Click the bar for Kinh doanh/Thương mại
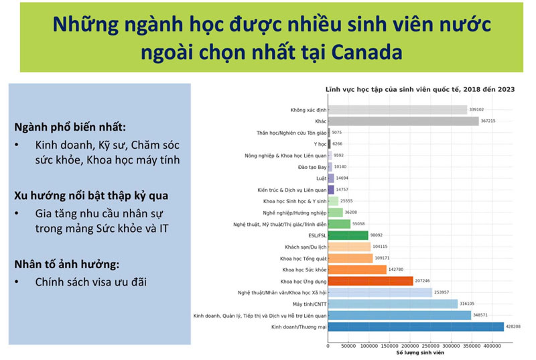point(415,326)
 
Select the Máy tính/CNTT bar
point(393,304)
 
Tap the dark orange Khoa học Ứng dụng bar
point(371,281)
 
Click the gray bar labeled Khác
point(403,121)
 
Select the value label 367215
point(489,121)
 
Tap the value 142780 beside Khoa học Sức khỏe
point(397,269)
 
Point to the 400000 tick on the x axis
point(493,346)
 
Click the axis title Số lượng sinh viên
point(420,353)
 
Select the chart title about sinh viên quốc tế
point(419,89)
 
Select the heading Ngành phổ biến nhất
point(69,127)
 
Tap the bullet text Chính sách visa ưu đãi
point(91,282)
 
